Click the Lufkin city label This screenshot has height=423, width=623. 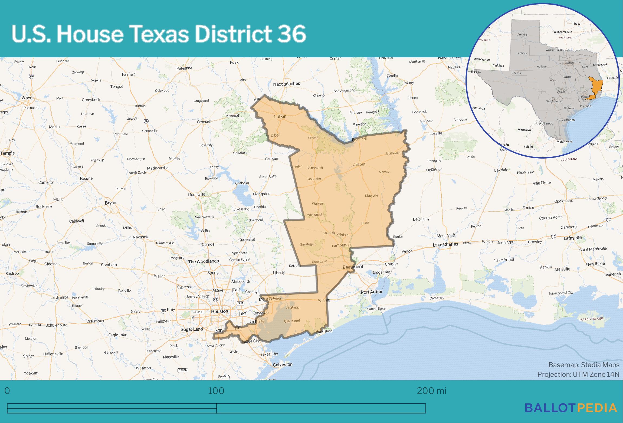(x=280, y=116)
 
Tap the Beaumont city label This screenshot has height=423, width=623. (x=353, y=267)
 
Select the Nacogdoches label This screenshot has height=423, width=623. (x=286, y=84)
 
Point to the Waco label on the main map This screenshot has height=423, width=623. (x=27, y=98)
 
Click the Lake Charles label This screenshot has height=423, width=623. (x=445, y=245)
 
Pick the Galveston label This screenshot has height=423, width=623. (x=283, y=365)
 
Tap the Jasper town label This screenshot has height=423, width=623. (x=359, y=164)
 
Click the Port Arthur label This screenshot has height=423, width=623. (x=371, y=292)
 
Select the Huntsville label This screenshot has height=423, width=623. (x=196, y=194)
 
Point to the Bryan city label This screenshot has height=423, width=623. (x=110, y=203)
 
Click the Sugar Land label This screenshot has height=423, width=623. (x=192, y=329)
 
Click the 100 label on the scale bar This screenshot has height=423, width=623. (x=216, y=391)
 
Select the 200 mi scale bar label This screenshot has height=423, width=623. (x=431, y=391)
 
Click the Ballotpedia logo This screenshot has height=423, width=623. (x=571, y=415)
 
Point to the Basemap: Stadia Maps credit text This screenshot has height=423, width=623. (x=584, y=365)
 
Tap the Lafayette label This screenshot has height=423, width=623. (x=572, y=238)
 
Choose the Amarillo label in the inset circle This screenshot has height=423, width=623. (x=522, y=35)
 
